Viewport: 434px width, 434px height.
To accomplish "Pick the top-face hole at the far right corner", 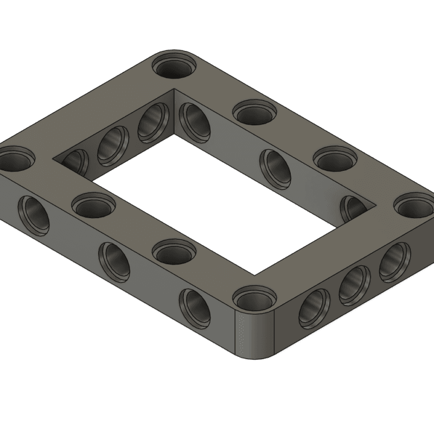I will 415,206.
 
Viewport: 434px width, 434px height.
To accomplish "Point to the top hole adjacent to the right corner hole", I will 335,159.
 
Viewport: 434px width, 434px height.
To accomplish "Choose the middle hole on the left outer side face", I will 114,259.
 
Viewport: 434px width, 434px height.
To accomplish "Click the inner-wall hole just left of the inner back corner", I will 153,120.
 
